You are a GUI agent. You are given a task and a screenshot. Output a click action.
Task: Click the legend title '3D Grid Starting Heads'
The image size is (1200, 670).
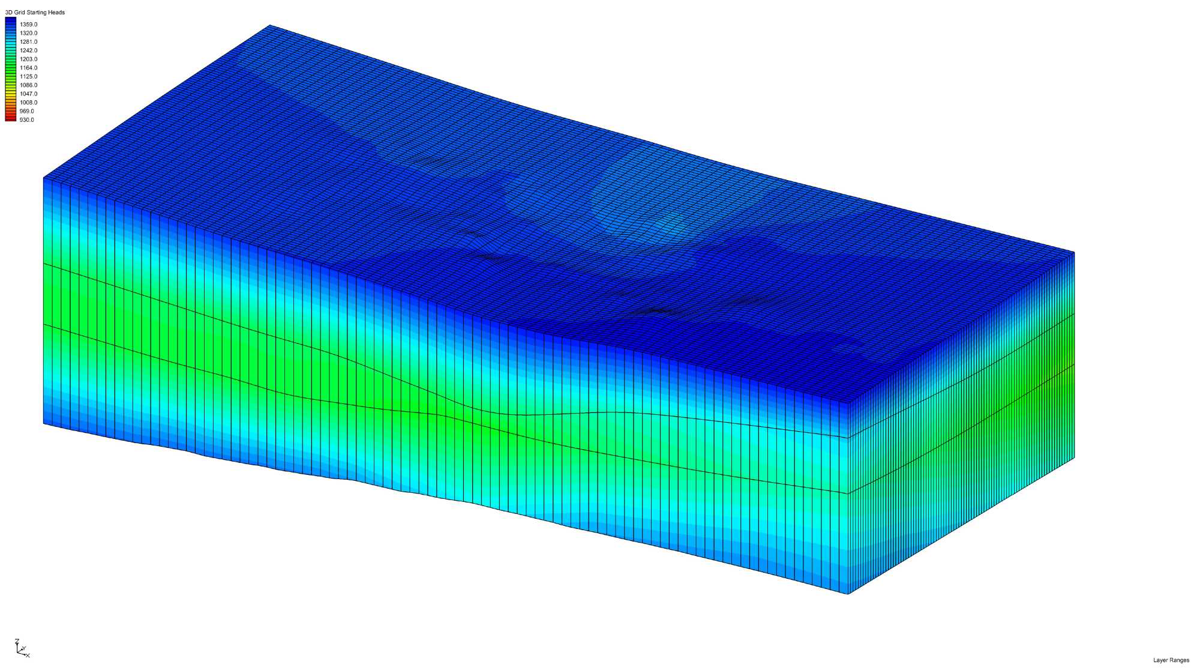[x=35, y=12]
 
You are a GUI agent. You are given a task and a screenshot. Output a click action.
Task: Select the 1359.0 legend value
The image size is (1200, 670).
[x=28, y=25]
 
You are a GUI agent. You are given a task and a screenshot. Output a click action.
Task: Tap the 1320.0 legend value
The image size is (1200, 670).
[x=28, y=33]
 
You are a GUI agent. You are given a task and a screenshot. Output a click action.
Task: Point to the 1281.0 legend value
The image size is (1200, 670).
[x=28, y=42]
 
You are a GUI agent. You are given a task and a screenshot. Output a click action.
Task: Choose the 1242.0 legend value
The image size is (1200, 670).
[x=28, y=50]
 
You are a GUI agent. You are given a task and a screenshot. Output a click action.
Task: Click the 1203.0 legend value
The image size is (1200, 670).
[x=28, y=59]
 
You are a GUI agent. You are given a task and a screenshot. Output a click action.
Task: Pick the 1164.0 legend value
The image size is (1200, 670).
[x=28, y=68]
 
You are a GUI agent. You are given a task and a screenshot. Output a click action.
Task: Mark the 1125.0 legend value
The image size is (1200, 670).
[x=28, y=76]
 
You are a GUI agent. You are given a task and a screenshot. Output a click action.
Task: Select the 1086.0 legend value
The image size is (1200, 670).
[x=28, y=85]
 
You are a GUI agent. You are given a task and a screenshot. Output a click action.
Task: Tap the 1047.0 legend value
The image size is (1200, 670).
[x=28, y=94]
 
